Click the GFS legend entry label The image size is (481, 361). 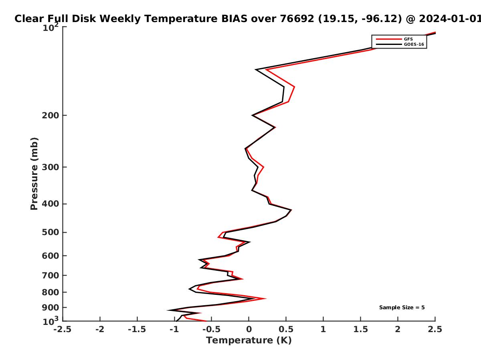point(408,39)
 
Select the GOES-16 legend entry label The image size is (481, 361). point(414,45)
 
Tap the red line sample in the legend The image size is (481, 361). point(389,39)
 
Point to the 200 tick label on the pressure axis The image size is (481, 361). point(51,115)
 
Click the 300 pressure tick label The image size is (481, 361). point(51,167)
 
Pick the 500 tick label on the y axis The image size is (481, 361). point(51,232)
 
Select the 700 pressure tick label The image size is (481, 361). point(51,276)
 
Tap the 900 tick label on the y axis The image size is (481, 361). point(51,308)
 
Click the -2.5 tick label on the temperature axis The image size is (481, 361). point(63,329)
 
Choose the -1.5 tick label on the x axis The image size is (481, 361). point(137,329)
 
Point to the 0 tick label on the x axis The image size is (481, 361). point(249,329)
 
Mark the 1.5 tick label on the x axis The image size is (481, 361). point(361,329)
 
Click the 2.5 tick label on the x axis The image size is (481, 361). point(435,329)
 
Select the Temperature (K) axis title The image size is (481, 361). point(249,341)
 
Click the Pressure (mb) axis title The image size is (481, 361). point(34,174)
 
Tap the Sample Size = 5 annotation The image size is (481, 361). point(402,308)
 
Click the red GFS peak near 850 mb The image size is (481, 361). point(266,298)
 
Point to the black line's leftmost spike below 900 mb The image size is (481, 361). point(168,310)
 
